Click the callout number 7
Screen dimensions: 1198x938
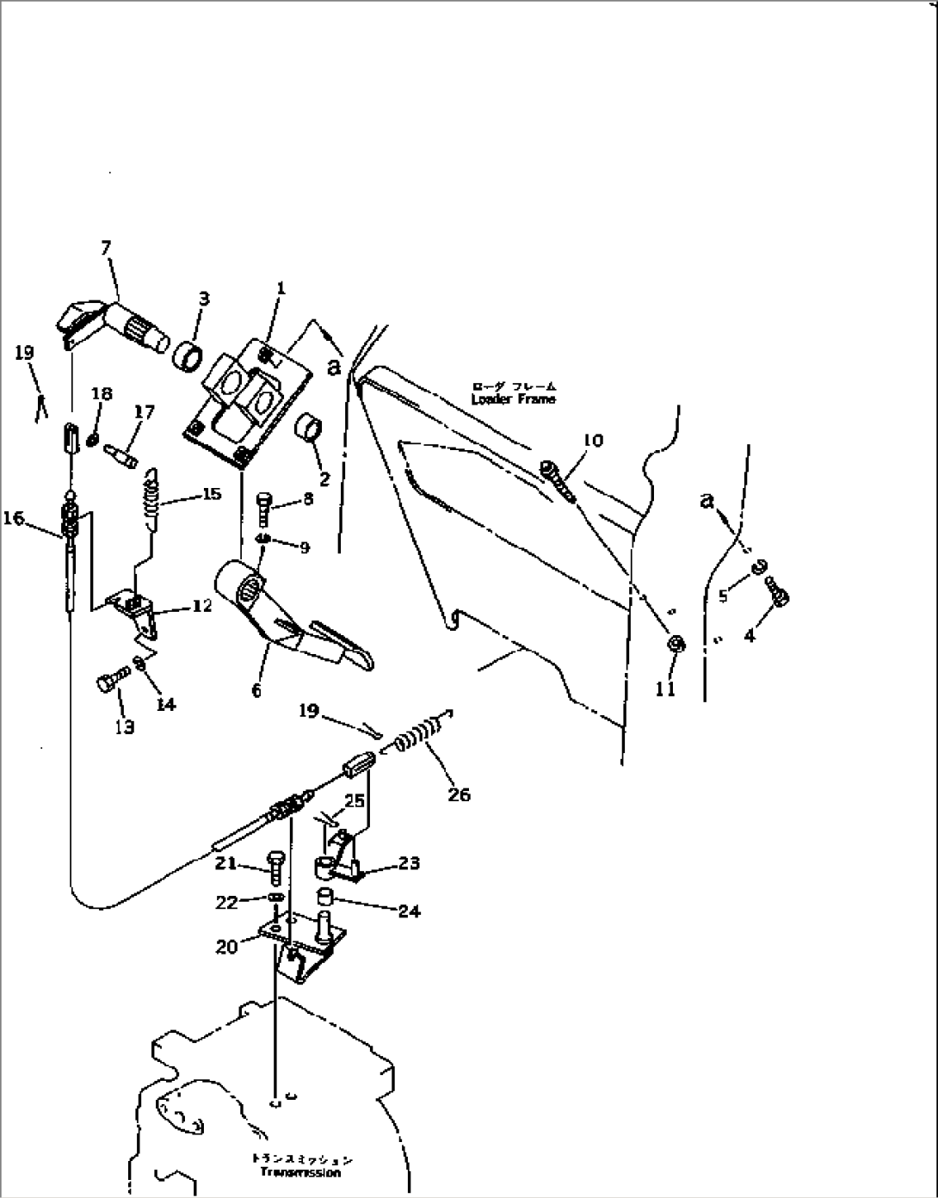(106, 249)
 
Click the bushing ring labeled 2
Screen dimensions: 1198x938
(310, 427)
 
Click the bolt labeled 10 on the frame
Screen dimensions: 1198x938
(558, 480)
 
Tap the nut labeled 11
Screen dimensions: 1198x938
(676, 644)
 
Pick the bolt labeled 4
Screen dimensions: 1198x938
(781, 594)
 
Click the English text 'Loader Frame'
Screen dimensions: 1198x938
(513, 398)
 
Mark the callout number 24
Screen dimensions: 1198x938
(410, 911)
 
